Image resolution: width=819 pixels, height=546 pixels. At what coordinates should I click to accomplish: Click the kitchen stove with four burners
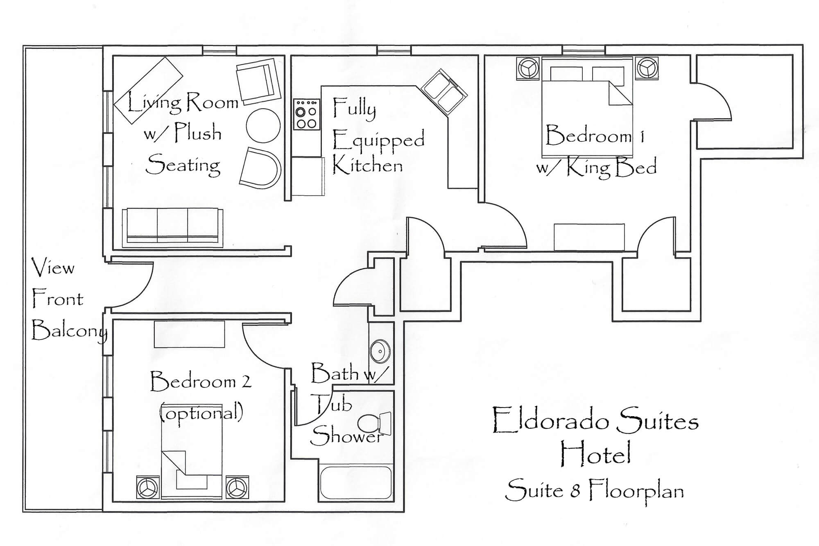(306, 114)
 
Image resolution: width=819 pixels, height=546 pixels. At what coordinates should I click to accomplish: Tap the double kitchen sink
(444, 92)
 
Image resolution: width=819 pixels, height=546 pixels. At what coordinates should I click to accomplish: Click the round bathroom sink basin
(380, 351)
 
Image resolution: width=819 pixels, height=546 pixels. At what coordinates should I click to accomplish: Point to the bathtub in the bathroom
(356, 483)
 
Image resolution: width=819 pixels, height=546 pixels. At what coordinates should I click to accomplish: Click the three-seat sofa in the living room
(173, 228)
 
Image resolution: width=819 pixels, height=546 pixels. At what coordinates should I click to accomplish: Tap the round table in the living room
(263, 125)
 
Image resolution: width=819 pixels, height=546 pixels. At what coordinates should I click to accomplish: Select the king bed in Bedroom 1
(587, 108)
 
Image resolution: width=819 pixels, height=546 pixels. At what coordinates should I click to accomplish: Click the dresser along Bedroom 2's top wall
(189, 334)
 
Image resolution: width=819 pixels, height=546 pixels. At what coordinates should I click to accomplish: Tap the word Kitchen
(367, 165)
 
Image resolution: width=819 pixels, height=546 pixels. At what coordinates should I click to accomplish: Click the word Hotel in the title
(595, 453)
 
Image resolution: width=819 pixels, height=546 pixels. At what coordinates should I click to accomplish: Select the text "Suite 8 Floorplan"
(595, 490)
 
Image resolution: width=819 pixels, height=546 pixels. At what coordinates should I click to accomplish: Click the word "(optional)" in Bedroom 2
(201, 412)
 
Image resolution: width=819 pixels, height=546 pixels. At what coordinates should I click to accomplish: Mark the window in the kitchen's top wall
(394, 50)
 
